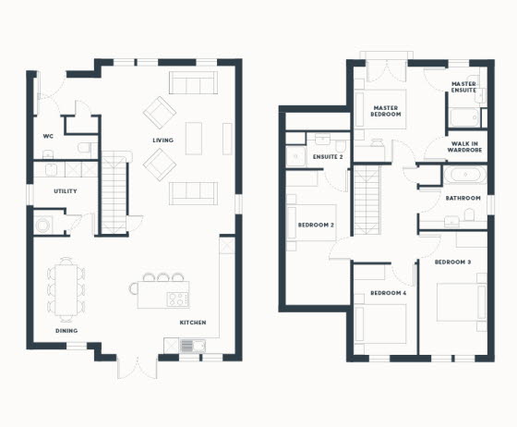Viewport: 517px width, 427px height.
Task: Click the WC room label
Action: click(48, 136)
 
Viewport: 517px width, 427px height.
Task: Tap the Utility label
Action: click(66, 191)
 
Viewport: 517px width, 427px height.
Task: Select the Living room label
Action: click(162, 140)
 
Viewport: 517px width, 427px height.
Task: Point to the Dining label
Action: click(66, 331)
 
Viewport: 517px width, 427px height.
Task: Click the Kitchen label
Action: click(193, 323)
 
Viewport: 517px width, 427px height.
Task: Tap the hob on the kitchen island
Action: click(177, 299)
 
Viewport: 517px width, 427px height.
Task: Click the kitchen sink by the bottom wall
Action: click(193, 346)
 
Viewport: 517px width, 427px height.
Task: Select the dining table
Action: click(66, 289)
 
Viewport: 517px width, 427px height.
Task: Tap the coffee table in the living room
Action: click(194, 139)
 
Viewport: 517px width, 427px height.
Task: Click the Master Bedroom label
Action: click(386, 111)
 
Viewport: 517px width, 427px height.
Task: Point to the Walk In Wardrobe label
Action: click(464, 147)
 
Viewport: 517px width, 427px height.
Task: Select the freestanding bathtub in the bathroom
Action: click(465, 174)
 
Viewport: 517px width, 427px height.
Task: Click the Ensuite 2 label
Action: click(328, 157)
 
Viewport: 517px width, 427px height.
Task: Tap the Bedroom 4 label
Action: click(388, 293)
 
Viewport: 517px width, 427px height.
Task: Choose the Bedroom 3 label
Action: click(452, 262)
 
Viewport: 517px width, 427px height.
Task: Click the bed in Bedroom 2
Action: click(311, 223)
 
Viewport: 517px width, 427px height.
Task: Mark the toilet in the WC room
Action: click(85, 148)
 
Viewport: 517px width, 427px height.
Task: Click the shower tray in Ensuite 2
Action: click(295, 156)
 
